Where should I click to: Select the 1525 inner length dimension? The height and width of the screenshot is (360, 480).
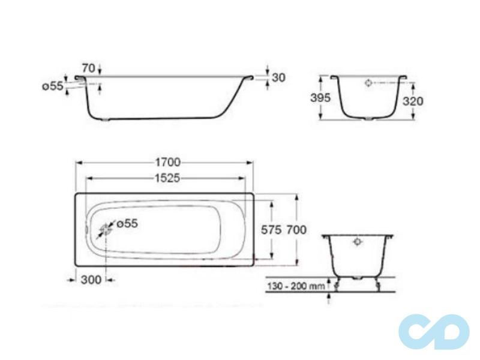pos(166,178)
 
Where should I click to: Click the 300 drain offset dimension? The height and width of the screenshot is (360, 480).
pos(90,279)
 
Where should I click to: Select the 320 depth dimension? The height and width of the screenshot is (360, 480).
pos(412,101)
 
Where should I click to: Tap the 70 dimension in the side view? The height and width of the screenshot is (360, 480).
pos(88,68)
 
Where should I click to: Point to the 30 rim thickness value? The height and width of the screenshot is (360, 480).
pos(278,77)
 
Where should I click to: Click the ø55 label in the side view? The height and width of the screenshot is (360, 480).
pos(52,86)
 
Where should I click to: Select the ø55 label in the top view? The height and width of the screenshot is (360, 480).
pos(127,223)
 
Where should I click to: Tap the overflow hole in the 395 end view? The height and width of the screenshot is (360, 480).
pos(368,85)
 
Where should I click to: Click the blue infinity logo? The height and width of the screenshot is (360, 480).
pos(434,331)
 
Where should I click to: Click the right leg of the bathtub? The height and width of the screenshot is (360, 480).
pos(379,283)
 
